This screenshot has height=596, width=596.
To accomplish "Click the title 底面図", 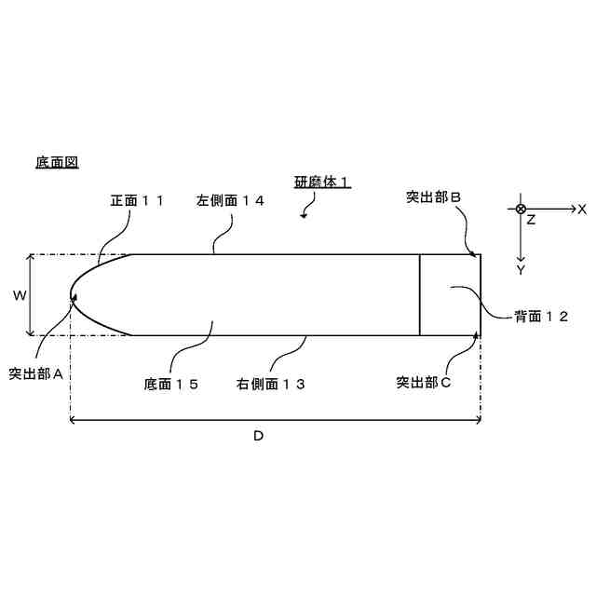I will point(57,162).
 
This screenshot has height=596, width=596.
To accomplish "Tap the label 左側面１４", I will point(230,199).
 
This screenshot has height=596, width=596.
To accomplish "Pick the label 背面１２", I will point(541,317).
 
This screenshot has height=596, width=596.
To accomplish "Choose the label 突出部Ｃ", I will point(424,382).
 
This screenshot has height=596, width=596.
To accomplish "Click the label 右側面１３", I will point(271,383).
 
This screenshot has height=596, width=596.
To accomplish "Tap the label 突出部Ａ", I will point(35,373).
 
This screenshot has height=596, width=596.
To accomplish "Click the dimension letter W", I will point(19,295).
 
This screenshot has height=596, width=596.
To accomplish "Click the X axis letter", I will point(582,210).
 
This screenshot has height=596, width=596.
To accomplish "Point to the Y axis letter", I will point(521,269).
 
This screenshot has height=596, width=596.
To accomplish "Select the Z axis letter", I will point(531,221).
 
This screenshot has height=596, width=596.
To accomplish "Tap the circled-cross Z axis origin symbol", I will point(521,209).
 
